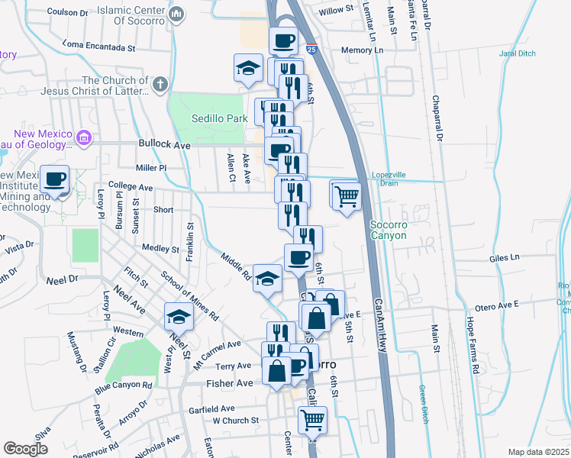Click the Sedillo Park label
tap(220, 119)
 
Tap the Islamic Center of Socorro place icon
tap(177, 14)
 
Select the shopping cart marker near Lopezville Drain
tap(347, 196)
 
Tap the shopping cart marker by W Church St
tap(312, 419)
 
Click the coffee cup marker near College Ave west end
tap(55, 180)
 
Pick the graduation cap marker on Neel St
tap(179, 316)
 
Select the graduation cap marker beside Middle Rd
tap(267, 279)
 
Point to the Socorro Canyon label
tap(393, 230)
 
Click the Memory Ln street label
tap(362, 50)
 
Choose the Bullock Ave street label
tap(164, 144)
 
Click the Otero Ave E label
tap(497, 305)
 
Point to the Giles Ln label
tap(505, 260)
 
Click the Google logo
tap(25, 449)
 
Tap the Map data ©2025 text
tap(538, 452)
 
